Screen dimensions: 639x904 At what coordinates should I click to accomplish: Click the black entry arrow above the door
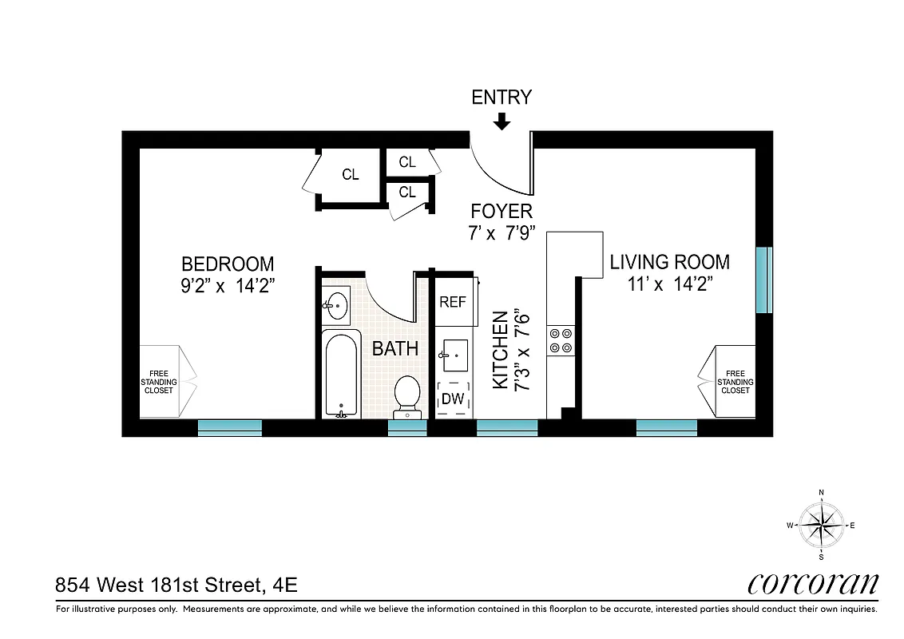point(502,121)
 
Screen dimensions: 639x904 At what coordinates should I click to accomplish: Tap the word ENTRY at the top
point(502,97)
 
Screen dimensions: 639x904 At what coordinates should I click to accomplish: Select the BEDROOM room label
point(228,264)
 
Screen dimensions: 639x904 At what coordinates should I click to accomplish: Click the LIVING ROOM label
point(669,262)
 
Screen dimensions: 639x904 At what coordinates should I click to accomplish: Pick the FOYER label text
point(502,212)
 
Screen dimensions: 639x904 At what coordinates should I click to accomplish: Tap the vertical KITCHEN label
point(501,350)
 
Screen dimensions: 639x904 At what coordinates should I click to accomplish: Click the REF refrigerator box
point(453,303)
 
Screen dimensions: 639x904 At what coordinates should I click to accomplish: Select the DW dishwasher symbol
point(453,399)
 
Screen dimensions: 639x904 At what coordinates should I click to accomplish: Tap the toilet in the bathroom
point(408,395)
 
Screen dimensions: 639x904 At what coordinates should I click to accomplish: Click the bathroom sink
point(335,304)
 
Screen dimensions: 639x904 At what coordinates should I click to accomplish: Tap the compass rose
point(822,525)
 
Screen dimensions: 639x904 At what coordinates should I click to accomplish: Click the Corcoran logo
point(813,584)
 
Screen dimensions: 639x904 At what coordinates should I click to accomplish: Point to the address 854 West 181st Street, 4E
point(176,585)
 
